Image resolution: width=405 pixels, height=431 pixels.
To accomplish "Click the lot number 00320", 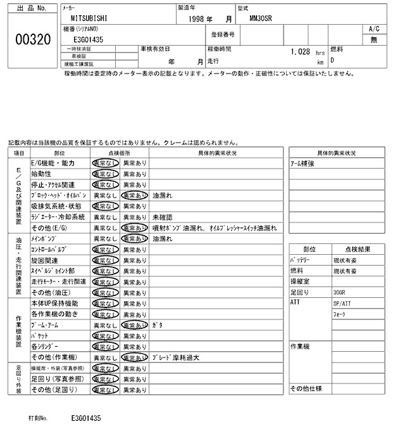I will [x=32, y=39].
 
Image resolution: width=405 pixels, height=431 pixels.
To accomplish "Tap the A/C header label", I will [x=373, y=29].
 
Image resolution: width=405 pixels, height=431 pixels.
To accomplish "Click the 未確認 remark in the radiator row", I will [x=163, y=217].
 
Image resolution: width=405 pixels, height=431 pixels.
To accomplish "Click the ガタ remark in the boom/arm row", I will [x=158, y=325].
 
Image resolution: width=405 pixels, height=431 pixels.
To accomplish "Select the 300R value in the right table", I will [x=339, y=293].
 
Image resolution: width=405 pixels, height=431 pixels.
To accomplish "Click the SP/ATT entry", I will [x=340, y=304].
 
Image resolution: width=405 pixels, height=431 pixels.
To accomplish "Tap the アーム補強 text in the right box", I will [x=302, y=163].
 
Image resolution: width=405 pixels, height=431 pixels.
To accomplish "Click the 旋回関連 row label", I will [x=46, y=260].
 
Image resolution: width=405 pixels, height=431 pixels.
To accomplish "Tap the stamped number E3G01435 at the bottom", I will [x=87, y=418].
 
